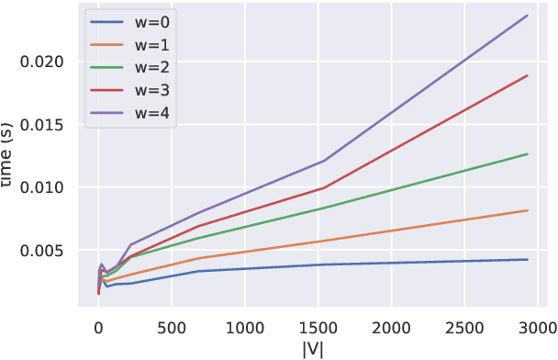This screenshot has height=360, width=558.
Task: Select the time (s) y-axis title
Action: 13,156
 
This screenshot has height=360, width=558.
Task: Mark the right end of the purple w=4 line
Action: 528,15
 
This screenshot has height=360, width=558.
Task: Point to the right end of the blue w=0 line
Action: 528,260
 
